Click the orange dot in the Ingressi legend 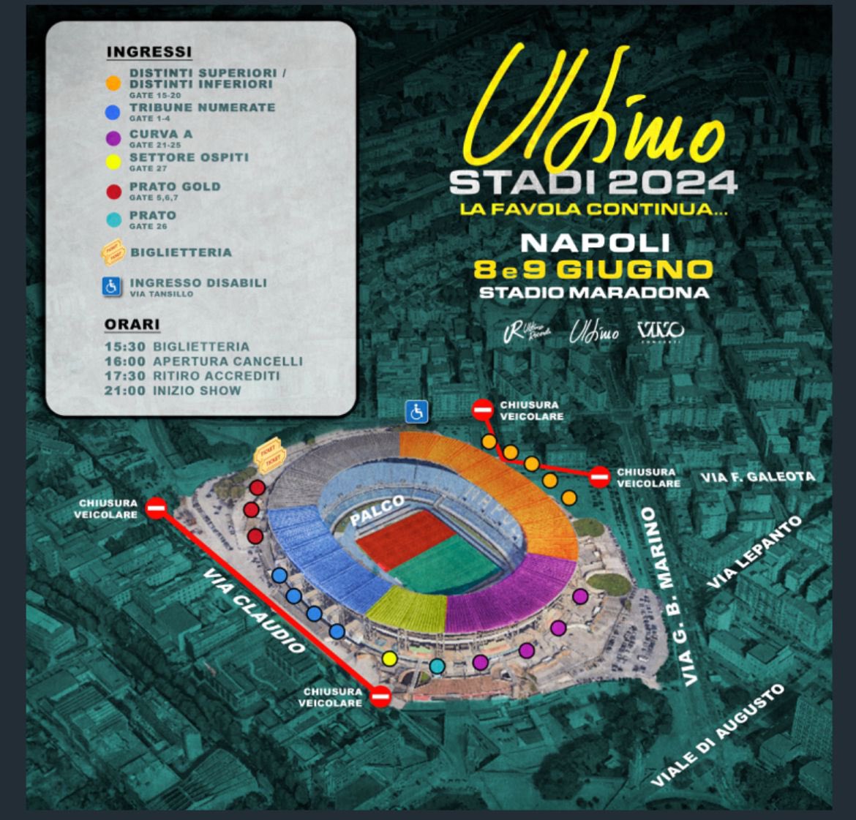112,83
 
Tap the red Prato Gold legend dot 113,192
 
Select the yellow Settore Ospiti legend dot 113,161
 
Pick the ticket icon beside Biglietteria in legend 113,254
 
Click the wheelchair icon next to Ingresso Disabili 112,287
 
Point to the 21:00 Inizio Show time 124,391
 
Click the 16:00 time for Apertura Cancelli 124,361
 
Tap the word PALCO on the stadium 377,509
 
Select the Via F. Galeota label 756,478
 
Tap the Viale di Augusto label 717,735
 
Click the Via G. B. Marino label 668,596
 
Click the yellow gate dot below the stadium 390,659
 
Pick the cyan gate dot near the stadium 437,666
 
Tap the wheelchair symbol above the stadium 417,412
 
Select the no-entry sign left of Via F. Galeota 599,477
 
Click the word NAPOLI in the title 595,242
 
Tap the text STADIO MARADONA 593,293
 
